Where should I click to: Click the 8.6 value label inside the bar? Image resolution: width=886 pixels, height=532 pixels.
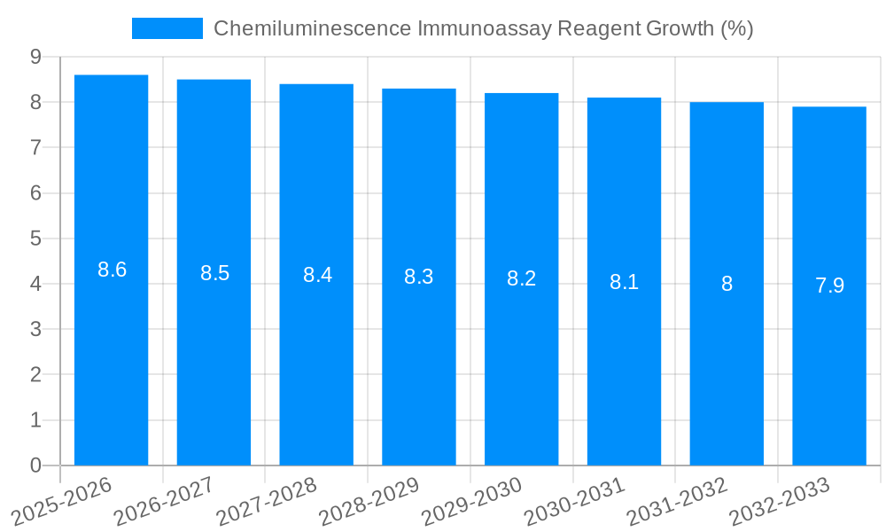coord(112,270)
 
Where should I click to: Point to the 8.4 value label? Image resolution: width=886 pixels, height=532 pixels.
coord(317,275)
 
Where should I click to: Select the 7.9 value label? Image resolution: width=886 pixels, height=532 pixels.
coord(829,286)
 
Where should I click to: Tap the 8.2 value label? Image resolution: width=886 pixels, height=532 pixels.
coord(521,278)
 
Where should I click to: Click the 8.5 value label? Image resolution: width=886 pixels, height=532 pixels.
coord(214,273)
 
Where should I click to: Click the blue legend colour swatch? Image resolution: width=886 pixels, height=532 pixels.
coord(167,28)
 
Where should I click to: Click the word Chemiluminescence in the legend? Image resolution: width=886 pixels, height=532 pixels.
coord(311,28)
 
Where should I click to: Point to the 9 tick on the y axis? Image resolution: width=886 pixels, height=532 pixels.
coord(35,57)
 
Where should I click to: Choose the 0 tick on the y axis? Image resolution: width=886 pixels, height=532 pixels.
coord(35,465)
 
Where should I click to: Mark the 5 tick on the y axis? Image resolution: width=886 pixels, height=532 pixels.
coord(35,239)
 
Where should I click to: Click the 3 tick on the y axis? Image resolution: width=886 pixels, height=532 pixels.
coord(35,330)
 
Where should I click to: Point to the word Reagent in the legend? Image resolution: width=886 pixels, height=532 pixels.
coord(592,28)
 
